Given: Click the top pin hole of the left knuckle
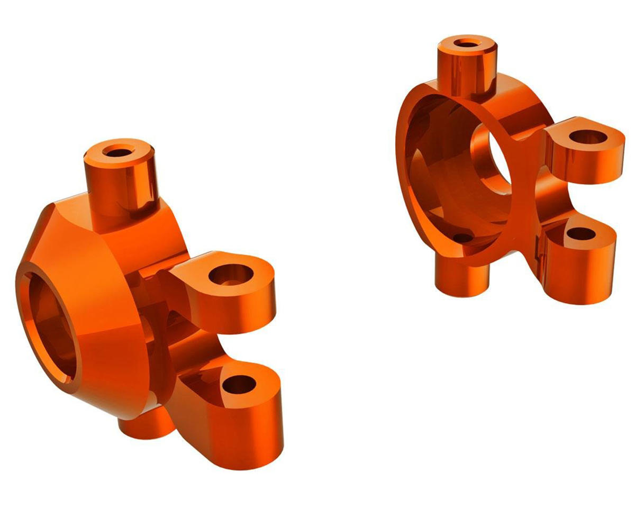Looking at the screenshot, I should point(119,152).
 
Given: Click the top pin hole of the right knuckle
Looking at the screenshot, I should point(466,42).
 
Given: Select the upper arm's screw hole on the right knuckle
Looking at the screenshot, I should point(588,137).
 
